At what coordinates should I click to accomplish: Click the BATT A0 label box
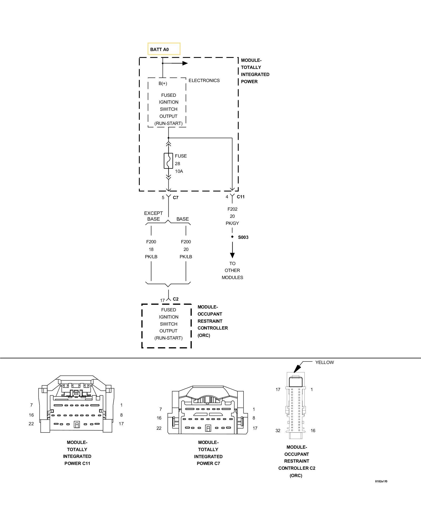click(164, 49)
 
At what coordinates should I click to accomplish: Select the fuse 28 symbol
click(168, 161)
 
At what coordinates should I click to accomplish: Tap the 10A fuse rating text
click(179, 171)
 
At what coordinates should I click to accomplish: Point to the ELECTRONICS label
click(204, 80)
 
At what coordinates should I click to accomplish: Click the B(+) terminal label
click(163, 84)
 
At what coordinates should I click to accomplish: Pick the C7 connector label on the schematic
click(176, 198)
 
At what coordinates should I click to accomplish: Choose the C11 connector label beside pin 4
click(240, 197)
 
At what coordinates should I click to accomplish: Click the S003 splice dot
click(232, 237)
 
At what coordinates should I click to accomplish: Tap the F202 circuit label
click(232, 209)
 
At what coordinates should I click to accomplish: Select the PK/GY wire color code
click(232, 223)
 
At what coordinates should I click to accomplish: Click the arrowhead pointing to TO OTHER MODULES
click(232, 255)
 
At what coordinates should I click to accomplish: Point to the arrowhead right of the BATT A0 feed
click(185, 63)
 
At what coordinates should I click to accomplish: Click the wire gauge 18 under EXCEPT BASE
click(151, 249)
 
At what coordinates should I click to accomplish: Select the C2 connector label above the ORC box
click(176, 299)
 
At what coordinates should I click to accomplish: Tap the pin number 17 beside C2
click(162, 300)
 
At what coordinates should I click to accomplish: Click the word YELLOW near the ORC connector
click(324, 362)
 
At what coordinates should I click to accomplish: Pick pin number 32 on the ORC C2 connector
click(278, 431)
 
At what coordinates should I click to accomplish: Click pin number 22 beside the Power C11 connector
click(31, 424)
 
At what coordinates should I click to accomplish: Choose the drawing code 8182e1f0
click(381, 481)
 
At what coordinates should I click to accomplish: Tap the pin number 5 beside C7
click(163, 198)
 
